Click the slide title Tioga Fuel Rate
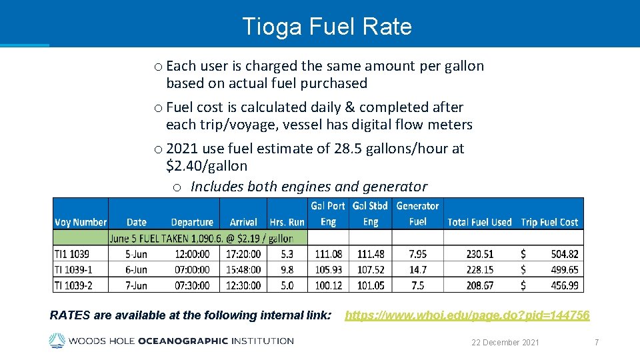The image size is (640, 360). point(327,27)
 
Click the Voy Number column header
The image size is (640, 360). point(81,222)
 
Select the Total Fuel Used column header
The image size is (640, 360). point(479,222)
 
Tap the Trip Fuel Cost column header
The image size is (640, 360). point(549,222)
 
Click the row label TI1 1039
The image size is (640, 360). point(72,253)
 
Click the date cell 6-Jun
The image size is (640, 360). point(137,269)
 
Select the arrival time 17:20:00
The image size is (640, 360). point(243,253)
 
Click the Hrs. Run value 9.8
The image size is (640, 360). point(287,269)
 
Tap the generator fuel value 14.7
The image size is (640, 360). point(417,269)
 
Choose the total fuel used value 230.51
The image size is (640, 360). point(479,253)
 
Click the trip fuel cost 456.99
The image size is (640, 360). point(565,285)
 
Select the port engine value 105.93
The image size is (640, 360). point(329,269)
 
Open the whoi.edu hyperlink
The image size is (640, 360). point(467,315)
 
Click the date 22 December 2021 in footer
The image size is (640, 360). point(505,342)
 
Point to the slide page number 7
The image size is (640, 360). point(597,342)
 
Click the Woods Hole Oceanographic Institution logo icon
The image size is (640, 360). point(57,341)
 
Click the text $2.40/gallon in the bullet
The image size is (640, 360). point(207,165)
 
